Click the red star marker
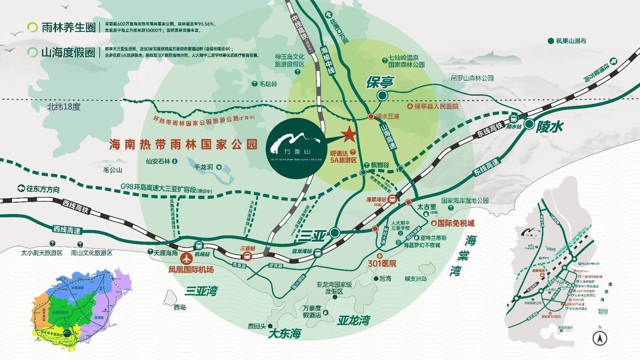(x=349, y=134)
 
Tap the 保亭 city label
(x=380, y=82)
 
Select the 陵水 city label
(x=549, y=127)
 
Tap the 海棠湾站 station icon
(x=393, y=199)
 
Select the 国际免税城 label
(x=455, y=223)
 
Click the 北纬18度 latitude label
(x=64, y=107)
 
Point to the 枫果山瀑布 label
(x=571, y=41)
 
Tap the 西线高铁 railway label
(x=75, y=206)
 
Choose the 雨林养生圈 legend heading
(x=68, y=27)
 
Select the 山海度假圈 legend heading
(x=68, y=53)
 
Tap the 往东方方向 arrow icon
(x=22, y=189)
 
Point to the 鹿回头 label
(x=257, y=326)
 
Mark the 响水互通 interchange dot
(x=371, y=116)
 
